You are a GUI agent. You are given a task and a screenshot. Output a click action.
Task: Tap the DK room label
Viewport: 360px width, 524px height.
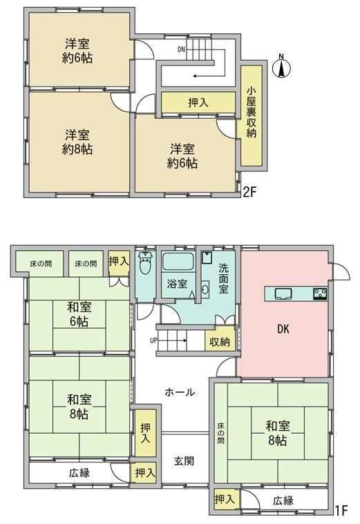click(283, 329)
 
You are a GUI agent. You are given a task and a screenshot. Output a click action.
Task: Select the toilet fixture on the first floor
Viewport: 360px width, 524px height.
click(146, 264)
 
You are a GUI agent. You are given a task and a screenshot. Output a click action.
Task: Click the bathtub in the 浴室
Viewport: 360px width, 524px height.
click(178, 262)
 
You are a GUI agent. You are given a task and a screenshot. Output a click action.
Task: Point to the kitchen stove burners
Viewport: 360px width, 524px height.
click(320, 293)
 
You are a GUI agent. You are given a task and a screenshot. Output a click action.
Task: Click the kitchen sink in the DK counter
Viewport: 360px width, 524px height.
click(283, 293)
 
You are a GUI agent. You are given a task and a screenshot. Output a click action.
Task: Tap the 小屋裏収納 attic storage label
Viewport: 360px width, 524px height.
click(252, 113)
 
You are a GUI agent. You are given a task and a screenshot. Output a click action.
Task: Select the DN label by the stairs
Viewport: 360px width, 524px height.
click(181, 50)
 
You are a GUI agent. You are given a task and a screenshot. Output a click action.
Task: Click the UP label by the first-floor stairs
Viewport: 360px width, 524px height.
click(153, 341)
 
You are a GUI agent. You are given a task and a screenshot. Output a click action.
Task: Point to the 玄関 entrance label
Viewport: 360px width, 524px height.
click(184, 461)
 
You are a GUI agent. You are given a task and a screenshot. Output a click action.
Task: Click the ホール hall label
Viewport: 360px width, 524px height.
click(180, 392)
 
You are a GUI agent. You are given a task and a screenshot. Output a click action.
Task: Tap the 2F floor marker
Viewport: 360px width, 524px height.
click(249, 193)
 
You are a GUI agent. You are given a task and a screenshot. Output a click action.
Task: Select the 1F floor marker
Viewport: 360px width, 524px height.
click(342, 510)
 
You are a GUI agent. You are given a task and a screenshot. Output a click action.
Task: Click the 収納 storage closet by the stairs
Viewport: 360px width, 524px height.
click(220, 342)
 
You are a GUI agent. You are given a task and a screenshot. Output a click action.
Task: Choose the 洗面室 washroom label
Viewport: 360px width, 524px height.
click(223, 278)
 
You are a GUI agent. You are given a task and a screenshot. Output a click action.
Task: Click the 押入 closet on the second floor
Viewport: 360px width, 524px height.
click(198, 103)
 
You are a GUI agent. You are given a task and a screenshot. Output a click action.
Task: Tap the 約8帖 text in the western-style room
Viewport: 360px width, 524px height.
click(77, 149)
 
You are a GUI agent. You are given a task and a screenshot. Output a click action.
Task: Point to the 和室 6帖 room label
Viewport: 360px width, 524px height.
click(79, 314)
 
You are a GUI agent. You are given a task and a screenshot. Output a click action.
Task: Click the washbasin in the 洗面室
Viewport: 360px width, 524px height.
click(205, 289)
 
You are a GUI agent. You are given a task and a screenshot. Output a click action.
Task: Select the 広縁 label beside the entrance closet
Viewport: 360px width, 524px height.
click(79, 473)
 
